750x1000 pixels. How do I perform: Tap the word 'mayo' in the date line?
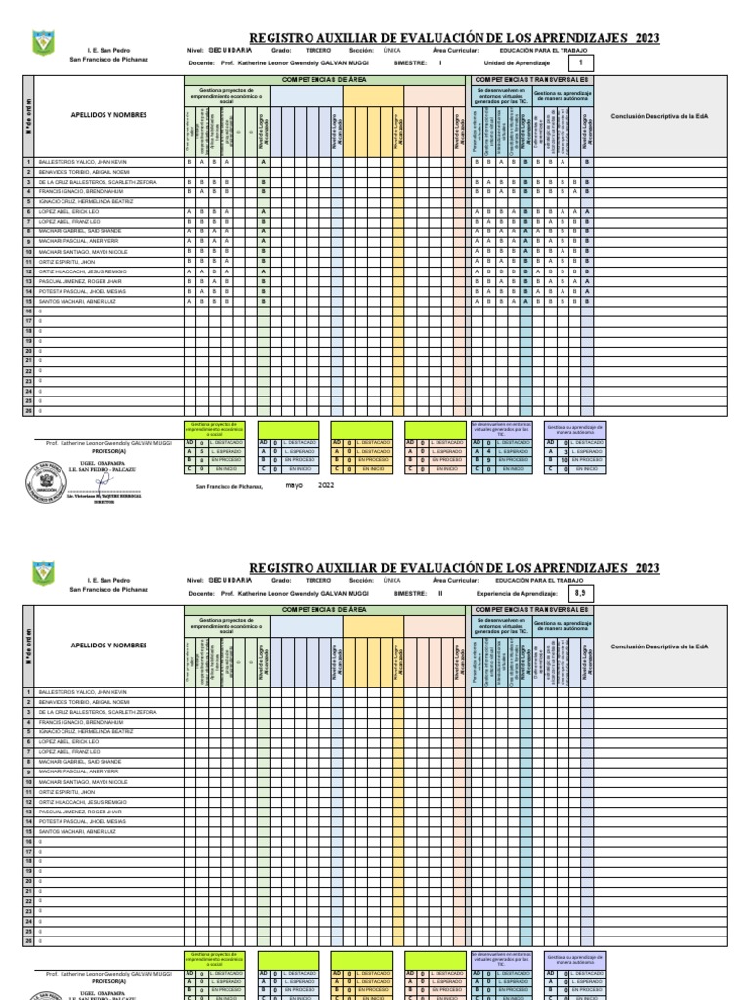coord(294,484)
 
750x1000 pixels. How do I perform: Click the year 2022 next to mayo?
coord(326,484)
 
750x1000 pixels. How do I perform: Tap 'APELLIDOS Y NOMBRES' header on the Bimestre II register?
coord(108,646)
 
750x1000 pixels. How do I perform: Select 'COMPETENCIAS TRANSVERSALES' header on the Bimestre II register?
coord(531,608)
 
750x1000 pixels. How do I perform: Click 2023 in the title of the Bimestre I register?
coord(646,38)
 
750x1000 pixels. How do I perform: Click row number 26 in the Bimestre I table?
coord(28,411)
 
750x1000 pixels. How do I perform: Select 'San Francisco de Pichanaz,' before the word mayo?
coord(229,486)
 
